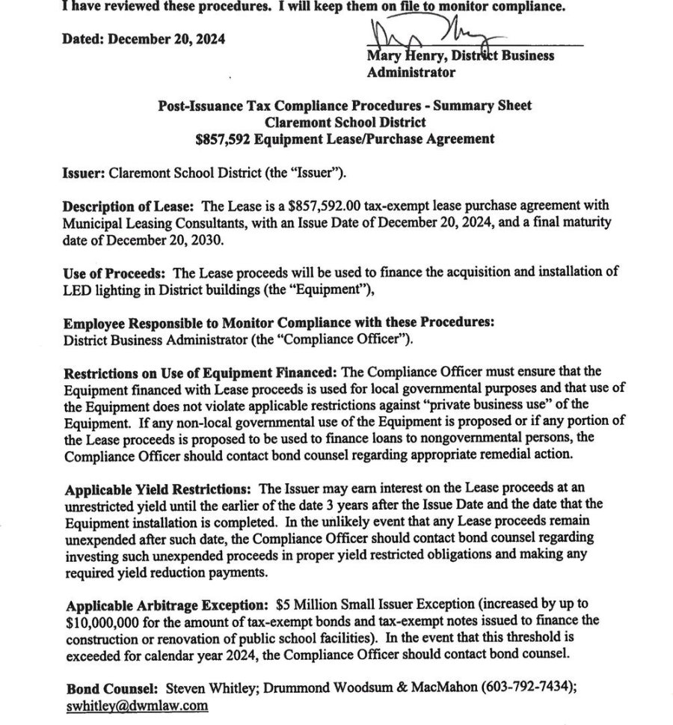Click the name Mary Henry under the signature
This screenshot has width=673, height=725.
[397, 55]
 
